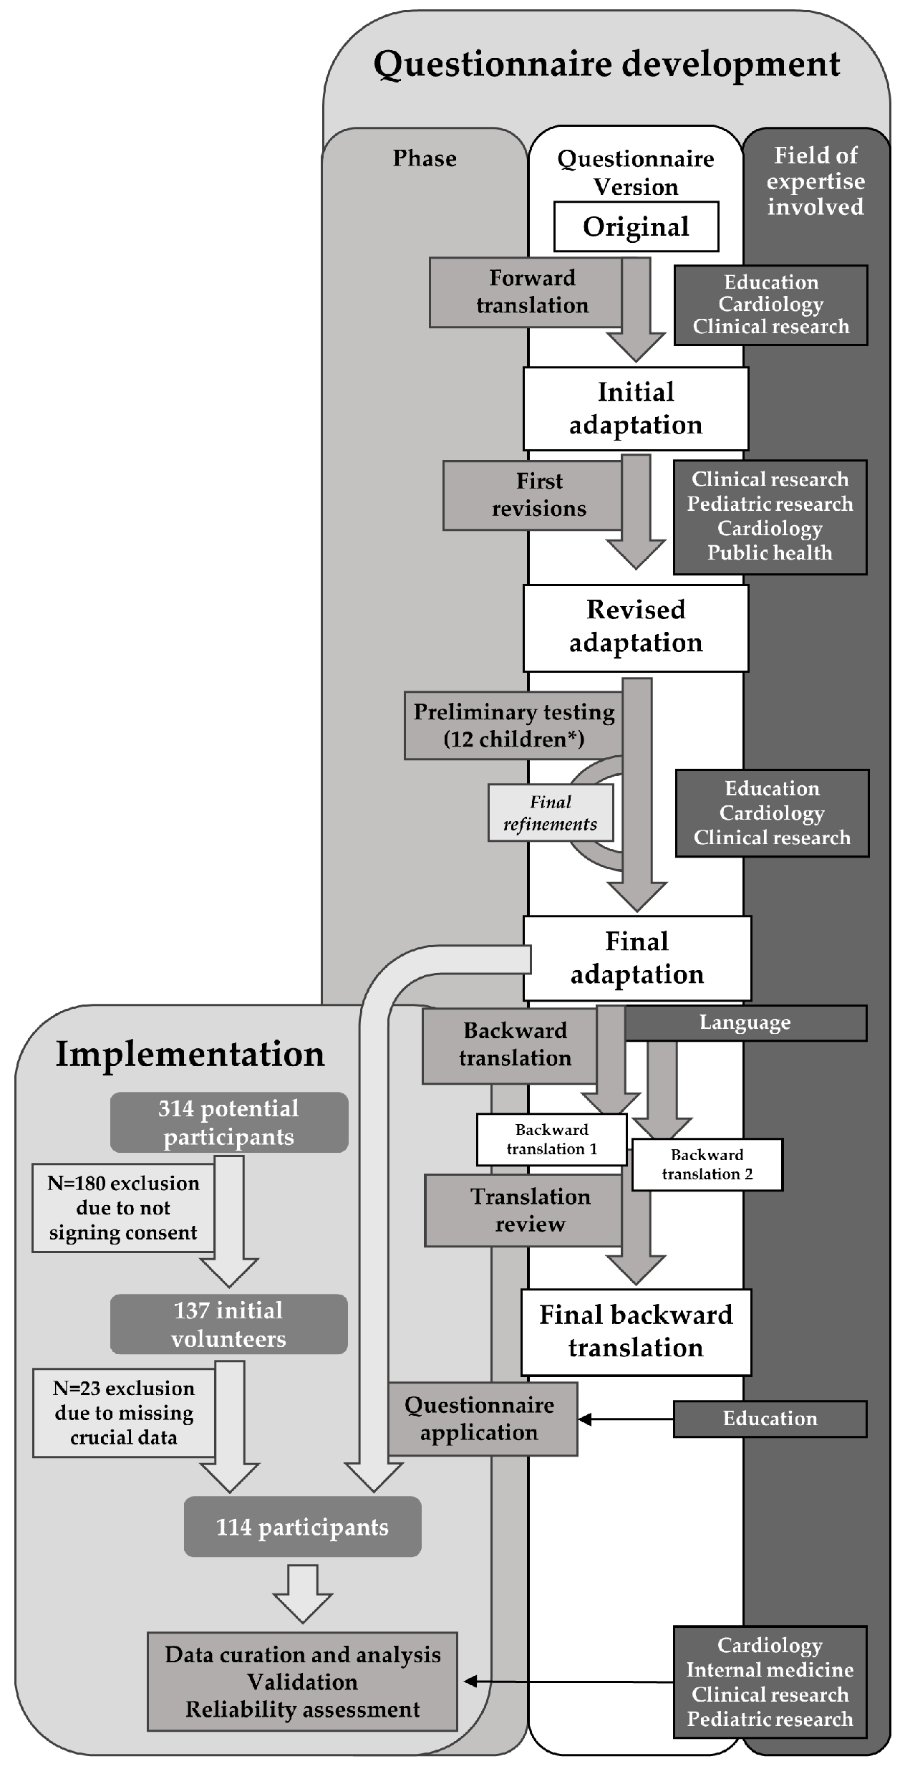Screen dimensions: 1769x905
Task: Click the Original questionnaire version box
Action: click(636, 226)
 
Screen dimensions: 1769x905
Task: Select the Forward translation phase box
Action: click(526, 292)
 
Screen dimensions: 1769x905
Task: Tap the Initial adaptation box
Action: click(636, 408)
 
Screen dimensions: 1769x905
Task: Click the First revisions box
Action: click(532, 495)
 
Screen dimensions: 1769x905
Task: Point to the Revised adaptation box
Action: click(636, 627)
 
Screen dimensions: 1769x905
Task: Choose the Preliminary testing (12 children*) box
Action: click(513, 725)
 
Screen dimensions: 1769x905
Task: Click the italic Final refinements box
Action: click(550, 812)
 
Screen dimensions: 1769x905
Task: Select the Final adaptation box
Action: click(637, 958)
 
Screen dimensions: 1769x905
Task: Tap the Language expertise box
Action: click(745, 1022)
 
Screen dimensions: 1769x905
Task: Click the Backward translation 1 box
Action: click(551, 1138)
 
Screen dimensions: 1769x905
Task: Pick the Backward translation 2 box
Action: click(707, 1164)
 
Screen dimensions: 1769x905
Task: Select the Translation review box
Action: click(523, 1210)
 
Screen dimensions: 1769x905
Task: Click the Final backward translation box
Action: click(636, 1331)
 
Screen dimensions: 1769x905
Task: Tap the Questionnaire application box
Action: click(482, 1419)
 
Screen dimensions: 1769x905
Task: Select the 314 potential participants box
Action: click(229, 1122)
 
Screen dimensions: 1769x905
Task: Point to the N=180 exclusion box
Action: click(123, 1207)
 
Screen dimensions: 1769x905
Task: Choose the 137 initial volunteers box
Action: click(229, 1324)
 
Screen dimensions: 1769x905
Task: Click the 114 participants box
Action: click(302, 1527)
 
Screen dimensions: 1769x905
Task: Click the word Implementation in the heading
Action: click(190, 1054)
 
